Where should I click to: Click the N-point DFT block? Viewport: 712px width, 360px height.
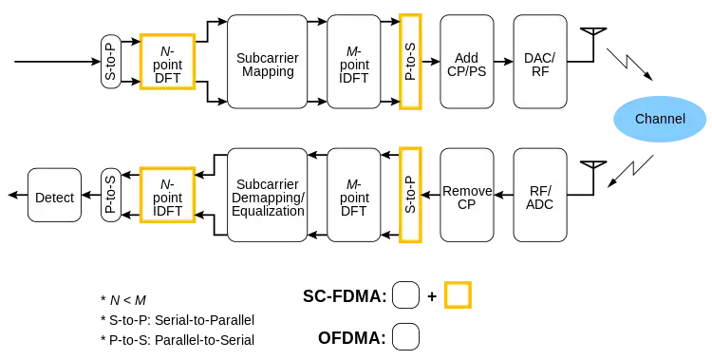coord(167,62)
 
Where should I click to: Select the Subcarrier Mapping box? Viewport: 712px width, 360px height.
coord(268,62)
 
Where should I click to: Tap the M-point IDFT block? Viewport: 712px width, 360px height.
coord(354,62)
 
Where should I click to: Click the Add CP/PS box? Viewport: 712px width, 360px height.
coord(467,62)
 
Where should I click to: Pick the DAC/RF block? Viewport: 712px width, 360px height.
coord(540,62)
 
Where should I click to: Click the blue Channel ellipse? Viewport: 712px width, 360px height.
coord(660,119)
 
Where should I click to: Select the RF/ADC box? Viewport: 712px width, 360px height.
coord(540,195)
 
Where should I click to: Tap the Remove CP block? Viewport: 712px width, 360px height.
coord(467,195)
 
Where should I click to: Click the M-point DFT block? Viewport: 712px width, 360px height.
coord(354,195)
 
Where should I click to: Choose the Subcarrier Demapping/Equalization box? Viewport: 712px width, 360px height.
coord(268,195)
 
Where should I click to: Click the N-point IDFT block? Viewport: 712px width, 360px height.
coord(167,195)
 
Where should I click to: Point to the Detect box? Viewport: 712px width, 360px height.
coord(54,195)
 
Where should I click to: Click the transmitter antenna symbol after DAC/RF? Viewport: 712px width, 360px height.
coord(593,44)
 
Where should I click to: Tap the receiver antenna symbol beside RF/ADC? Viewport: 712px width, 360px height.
coord(593,178)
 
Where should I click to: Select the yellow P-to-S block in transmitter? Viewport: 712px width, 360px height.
coord(410,62)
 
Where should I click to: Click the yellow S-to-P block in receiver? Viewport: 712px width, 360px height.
coord(410,195)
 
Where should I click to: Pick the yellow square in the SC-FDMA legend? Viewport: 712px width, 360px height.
coord(458,295)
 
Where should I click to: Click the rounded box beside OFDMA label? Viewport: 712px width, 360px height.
coord(405,337)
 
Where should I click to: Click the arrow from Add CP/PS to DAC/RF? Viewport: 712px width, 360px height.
coord(503,62)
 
